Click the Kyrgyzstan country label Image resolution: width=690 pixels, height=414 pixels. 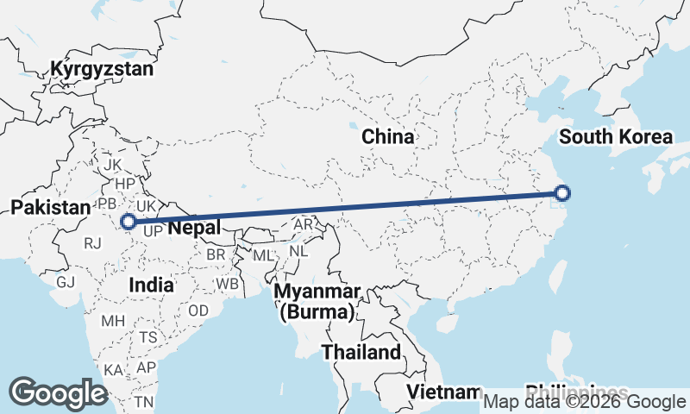click(x=102, y=69)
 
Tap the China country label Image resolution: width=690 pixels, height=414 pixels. click(x=387, y=136)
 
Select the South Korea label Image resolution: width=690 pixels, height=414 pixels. click(x=615, y=136)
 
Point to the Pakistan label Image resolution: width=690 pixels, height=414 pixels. click(x=50, y=207)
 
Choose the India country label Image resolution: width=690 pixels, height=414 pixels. click(x=151, y=285)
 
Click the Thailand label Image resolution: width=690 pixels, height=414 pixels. click(x=361, y=352)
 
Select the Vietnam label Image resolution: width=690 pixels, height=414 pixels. click(x=443, y=392)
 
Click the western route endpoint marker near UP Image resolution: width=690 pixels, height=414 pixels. click(x=128, y=222)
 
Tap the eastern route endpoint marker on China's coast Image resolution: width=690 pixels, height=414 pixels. click(x=561, y=193)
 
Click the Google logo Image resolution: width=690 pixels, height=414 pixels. click(x=58, y=393)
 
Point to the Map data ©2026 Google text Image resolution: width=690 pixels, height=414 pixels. click(x=584, y=401)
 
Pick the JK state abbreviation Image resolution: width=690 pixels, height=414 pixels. click(x=112, y=164)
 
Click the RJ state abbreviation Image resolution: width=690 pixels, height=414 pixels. click(x=93, y=244)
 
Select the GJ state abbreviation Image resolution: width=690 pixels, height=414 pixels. click(x=66, y=282)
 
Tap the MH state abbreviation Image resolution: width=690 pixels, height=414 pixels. click(x=113, y=321)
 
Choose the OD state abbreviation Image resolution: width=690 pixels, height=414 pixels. click(x=198, y=310)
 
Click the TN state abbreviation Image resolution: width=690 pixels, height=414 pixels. click(x=143, y=402)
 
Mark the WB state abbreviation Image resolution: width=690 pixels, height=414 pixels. click(x=228, y=283)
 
